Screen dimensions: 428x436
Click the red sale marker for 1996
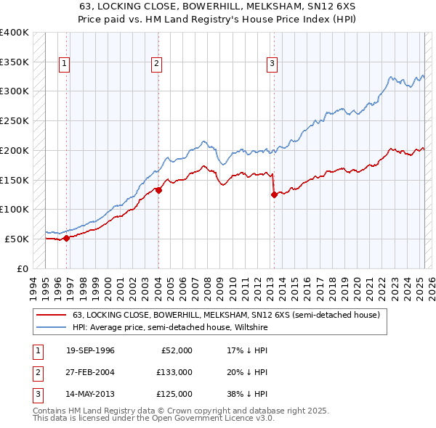coord(66,237)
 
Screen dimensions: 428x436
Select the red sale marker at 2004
coord(158,190)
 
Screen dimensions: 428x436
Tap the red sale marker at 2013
coord(274,194)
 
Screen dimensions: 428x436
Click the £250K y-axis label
coord(15,121)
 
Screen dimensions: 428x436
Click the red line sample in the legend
coord(52,315)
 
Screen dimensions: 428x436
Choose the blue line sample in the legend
coord(52,327)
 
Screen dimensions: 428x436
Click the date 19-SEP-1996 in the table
coord(90,350)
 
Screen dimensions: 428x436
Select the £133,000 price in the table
coord(174,372)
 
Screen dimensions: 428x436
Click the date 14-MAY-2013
coord(90,394)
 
